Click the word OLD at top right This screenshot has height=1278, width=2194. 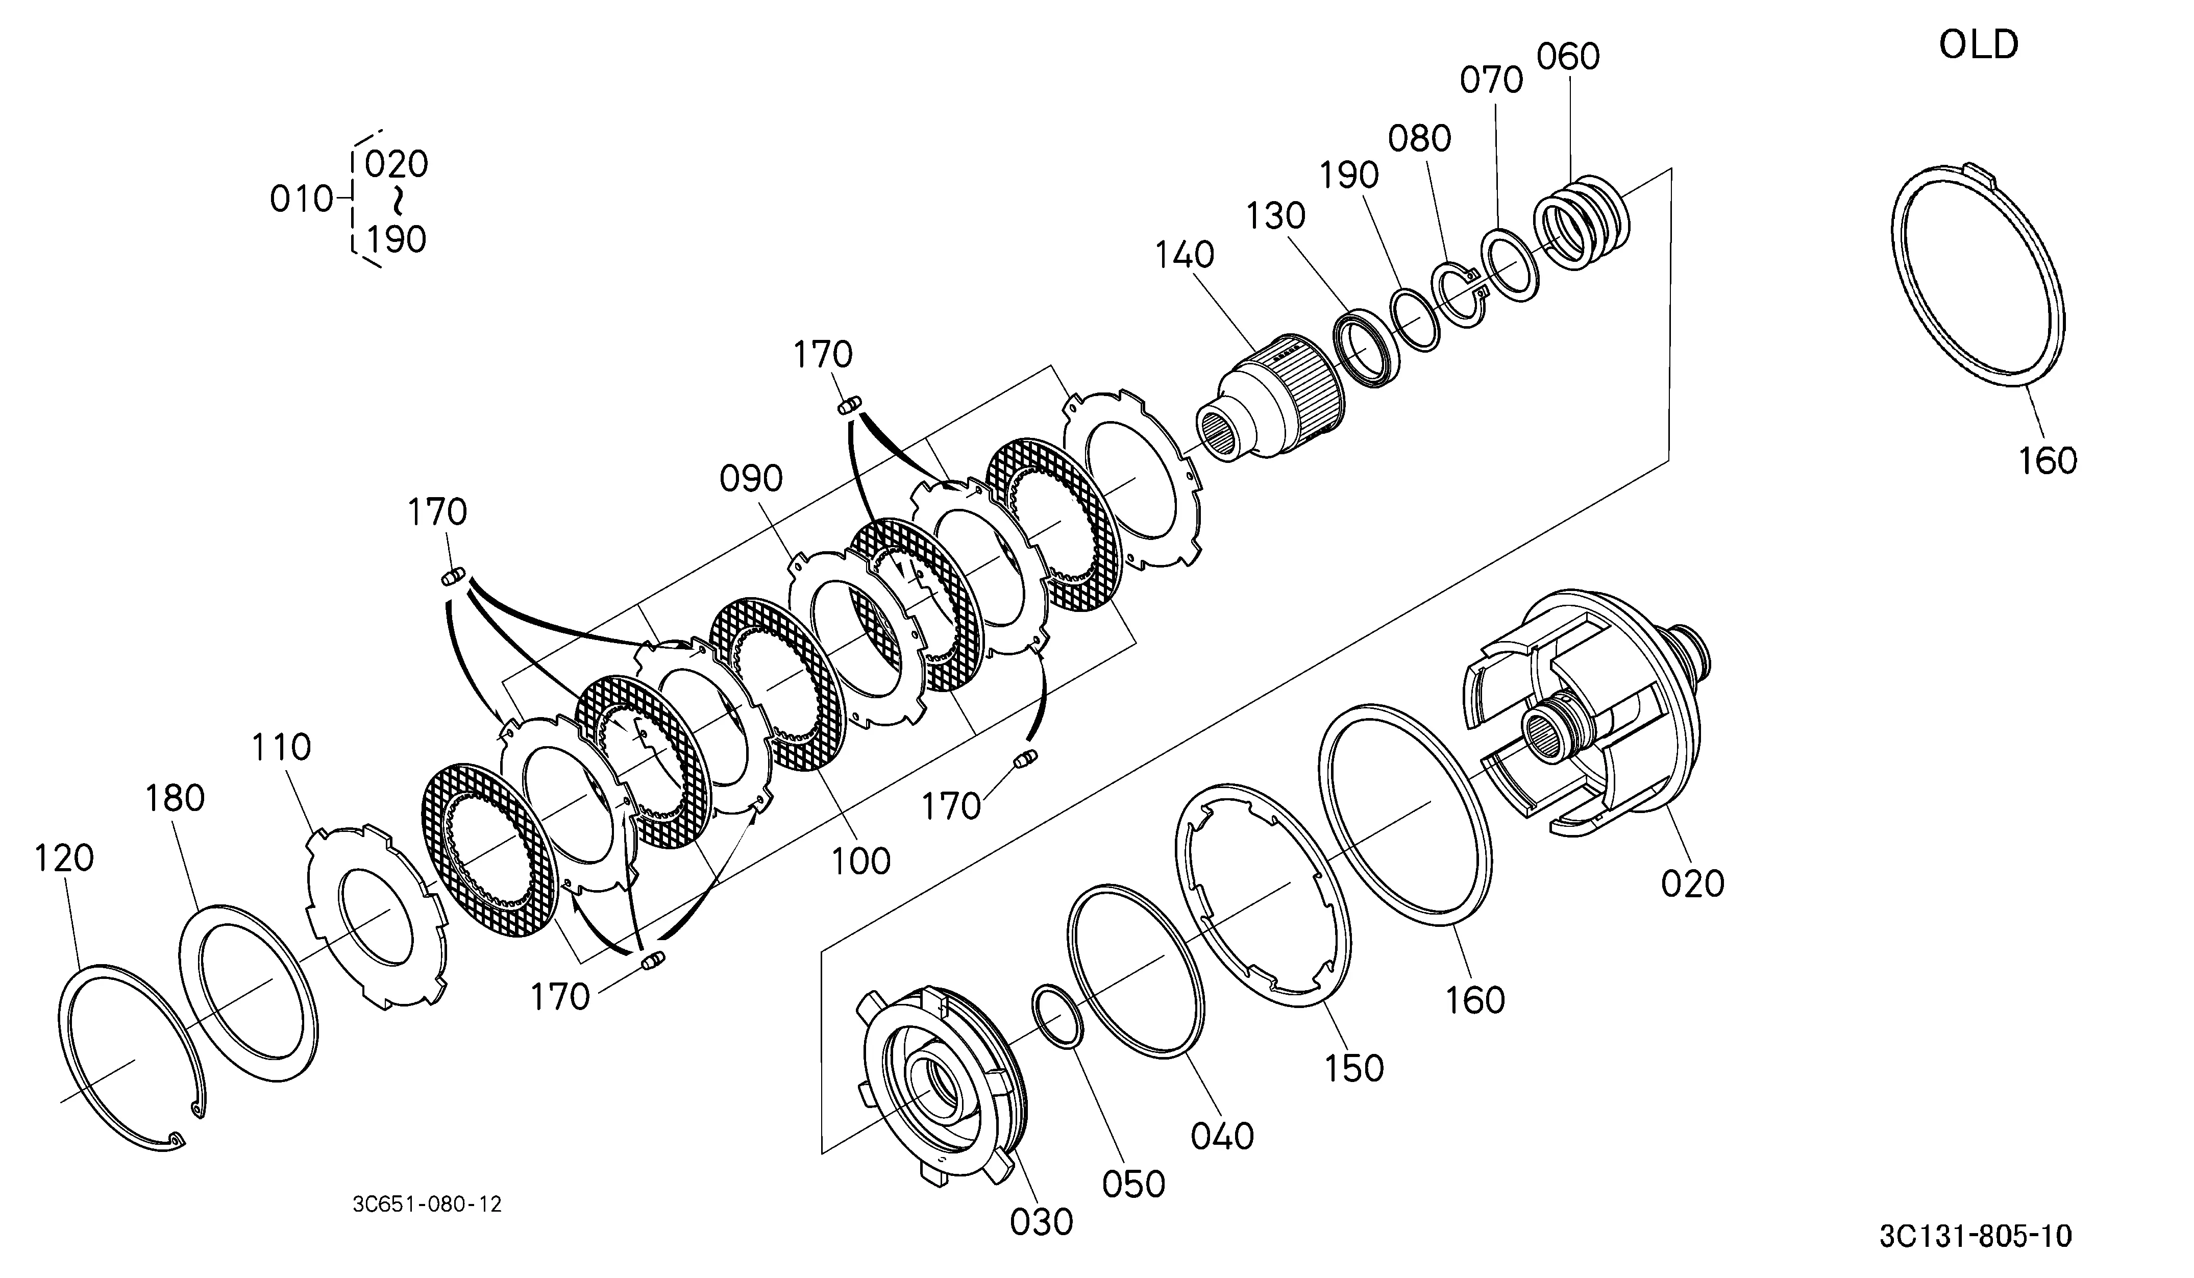[1978, 44]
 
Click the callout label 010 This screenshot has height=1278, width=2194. [301, 200]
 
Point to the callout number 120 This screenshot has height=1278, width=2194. [64, 858]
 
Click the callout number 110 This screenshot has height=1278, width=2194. [281, 747]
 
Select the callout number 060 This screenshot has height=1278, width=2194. [1568, 57]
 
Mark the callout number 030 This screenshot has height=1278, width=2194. [1041, 1222]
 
